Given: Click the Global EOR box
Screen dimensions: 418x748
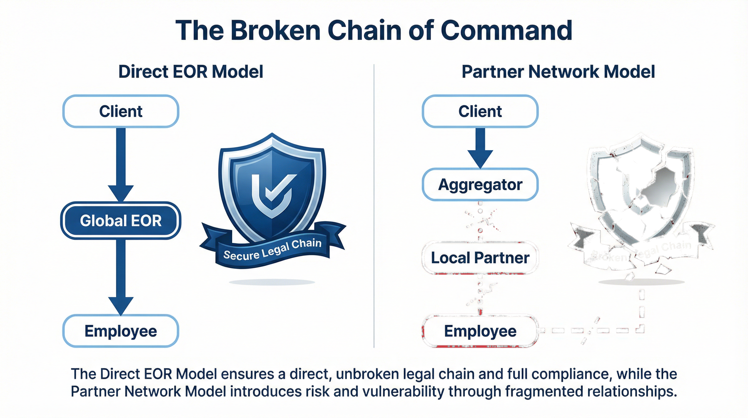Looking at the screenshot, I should coord(120,221).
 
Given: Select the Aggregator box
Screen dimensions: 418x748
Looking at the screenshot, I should coord(480,185).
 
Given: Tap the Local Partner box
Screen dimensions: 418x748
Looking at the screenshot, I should coord(480,258).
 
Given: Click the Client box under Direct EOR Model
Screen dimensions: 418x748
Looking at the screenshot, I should coord(120,111).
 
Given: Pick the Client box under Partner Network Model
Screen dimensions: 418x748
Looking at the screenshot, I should coord(480,111).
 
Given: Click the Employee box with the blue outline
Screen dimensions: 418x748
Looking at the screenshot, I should coord(120,331).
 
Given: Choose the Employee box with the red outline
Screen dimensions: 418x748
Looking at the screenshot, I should coord(480,331).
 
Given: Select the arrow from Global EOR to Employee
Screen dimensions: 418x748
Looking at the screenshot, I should coord(121,276).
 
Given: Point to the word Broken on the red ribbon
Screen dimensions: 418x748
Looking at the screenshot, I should coord(609,257).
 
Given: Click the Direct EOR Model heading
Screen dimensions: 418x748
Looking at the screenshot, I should coord(191,72).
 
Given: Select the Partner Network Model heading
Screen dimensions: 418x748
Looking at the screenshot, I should coord(558,72).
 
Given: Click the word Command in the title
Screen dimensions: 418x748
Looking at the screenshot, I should coord(506,30).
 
